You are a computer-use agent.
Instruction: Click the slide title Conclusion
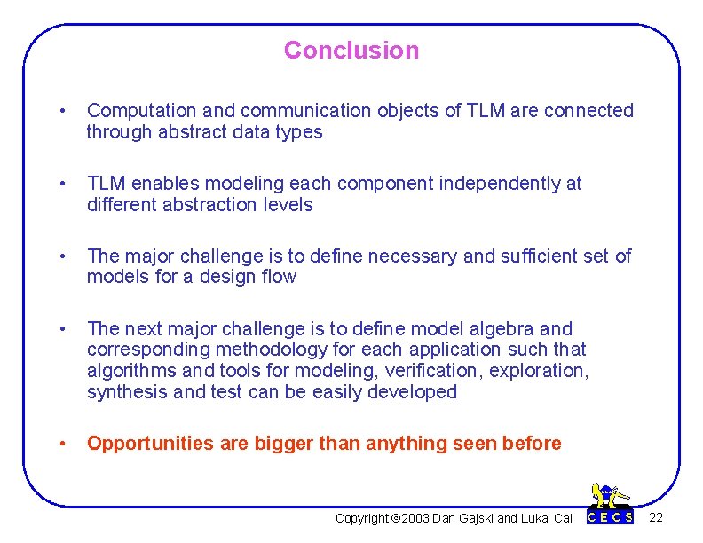[x=351, y=51]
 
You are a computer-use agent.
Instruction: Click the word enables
[x=162, y=184]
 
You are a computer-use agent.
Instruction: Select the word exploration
[x=543, y=371]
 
